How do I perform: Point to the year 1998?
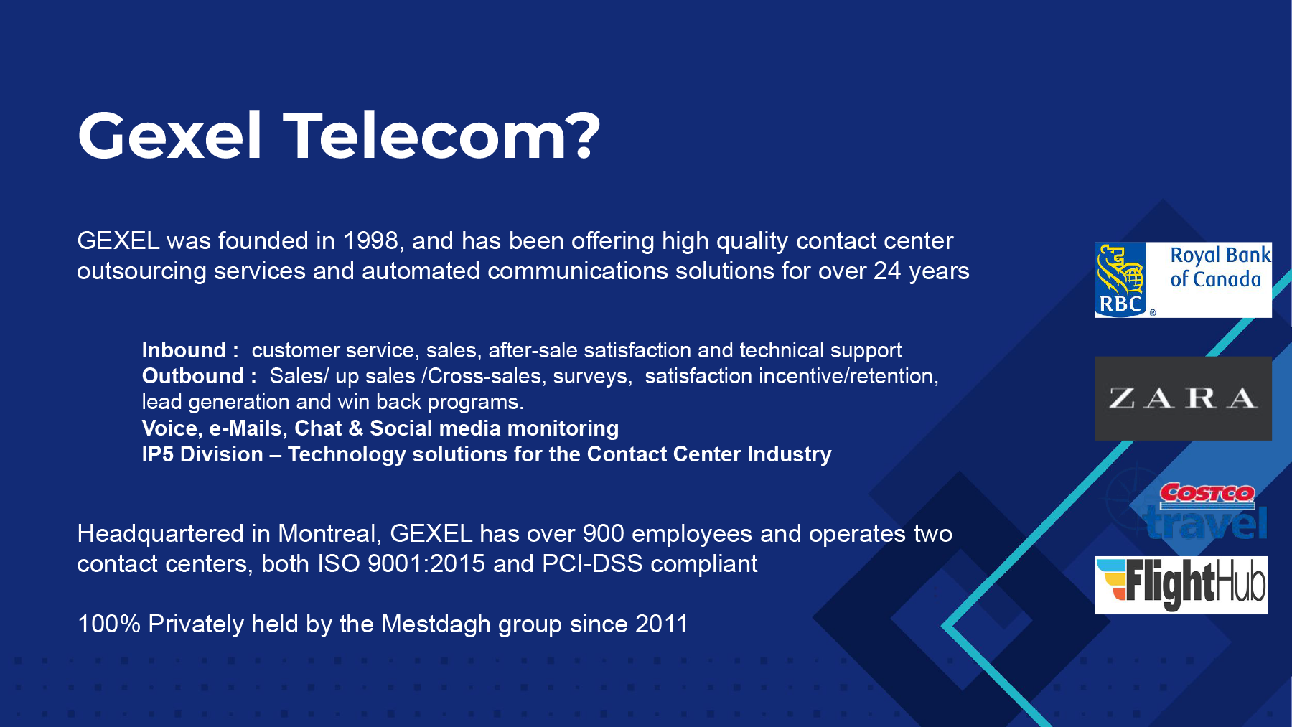pos(370,240)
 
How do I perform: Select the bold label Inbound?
pos(184,350)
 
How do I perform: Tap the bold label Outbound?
pos(193,375)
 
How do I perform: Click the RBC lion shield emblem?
pos(1121,280)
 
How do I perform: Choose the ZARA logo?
pos(1183,398)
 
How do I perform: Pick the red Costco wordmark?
pos(1207,493)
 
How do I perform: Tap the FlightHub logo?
pos(1181,585)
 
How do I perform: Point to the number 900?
pos(603,533)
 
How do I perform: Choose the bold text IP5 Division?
pos(202,454)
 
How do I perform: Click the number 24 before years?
pos(887,271)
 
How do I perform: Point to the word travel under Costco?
pos(1206,522)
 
